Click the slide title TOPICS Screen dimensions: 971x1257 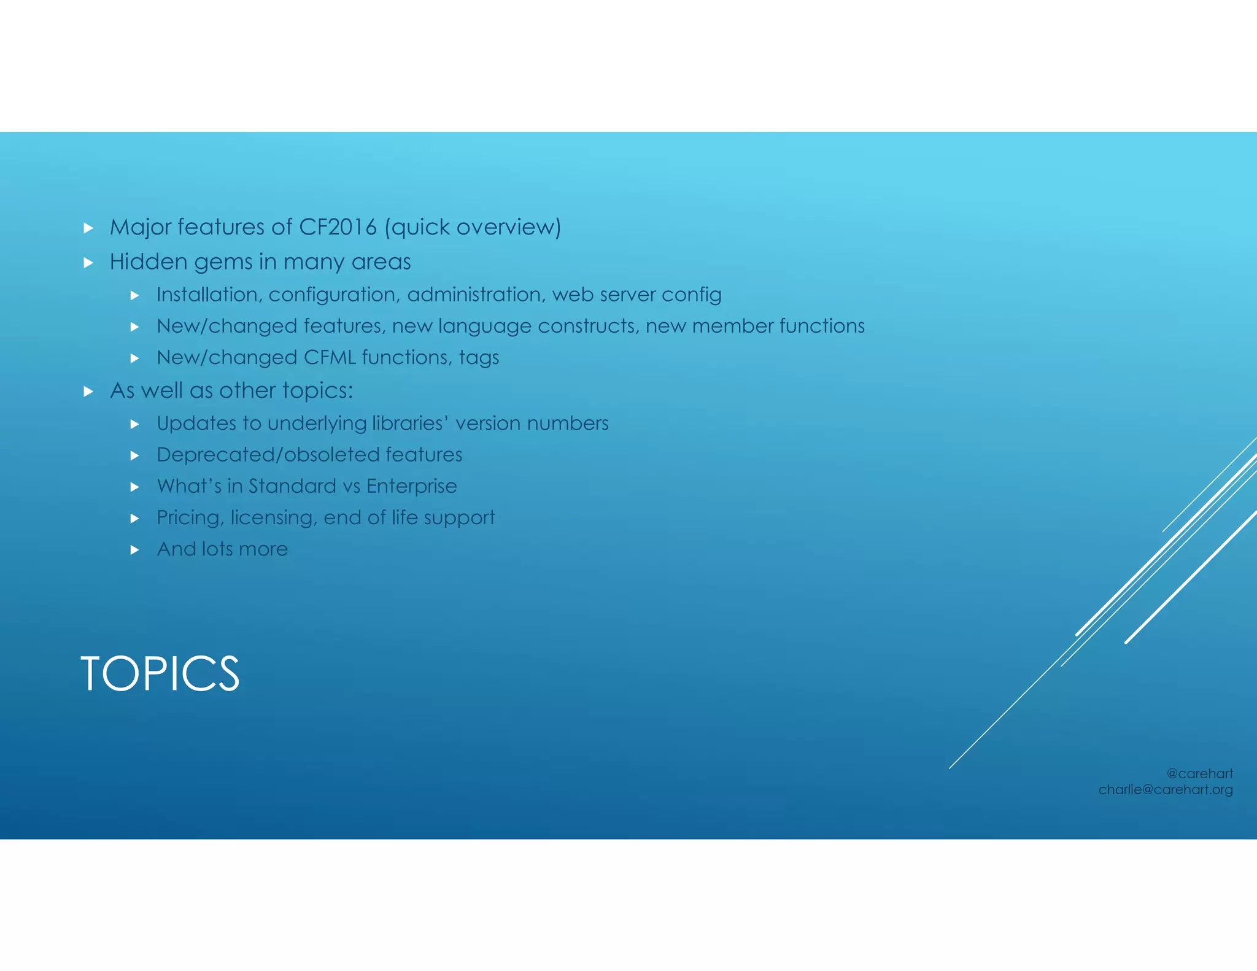click(x=160, y=674)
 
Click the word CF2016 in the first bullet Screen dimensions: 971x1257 click(x=338, y=227)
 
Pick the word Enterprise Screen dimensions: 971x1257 click(x=411, y=486)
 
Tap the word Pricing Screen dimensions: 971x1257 click(x=190, y=518)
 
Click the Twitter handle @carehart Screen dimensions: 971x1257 click(x=1199, y=773)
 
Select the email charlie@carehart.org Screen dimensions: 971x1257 click(x=1166, y=790)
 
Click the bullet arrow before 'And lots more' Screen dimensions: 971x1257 click(x=135, y=550)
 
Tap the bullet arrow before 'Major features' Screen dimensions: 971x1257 click(x=88, y=228)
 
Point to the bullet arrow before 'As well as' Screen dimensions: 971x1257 click(x=88, y=392)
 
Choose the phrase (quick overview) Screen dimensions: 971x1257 click(x=473, y=228)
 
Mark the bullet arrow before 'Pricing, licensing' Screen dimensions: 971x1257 click(x=135, y=519)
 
